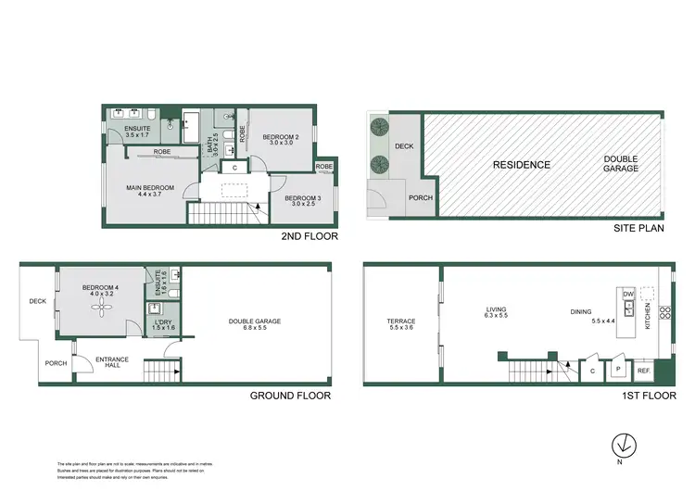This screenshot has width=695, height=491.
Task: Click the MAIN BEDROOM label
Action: (149, 188)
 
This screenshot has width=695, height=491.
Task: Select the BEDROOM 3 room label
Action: (302, 199)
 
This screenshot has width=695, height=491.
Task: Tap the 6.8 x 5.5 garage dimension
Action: (254, 329)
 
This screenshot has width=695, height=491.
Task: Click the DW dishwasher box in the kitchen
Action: (627, 294)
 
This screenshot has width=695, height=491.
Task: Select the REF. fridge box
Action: (644, 371)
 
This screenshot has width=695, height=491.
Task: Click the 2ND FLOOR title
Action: (309, 237)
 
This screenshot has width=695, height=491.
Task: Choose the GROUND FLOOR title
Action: (290, 396)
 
